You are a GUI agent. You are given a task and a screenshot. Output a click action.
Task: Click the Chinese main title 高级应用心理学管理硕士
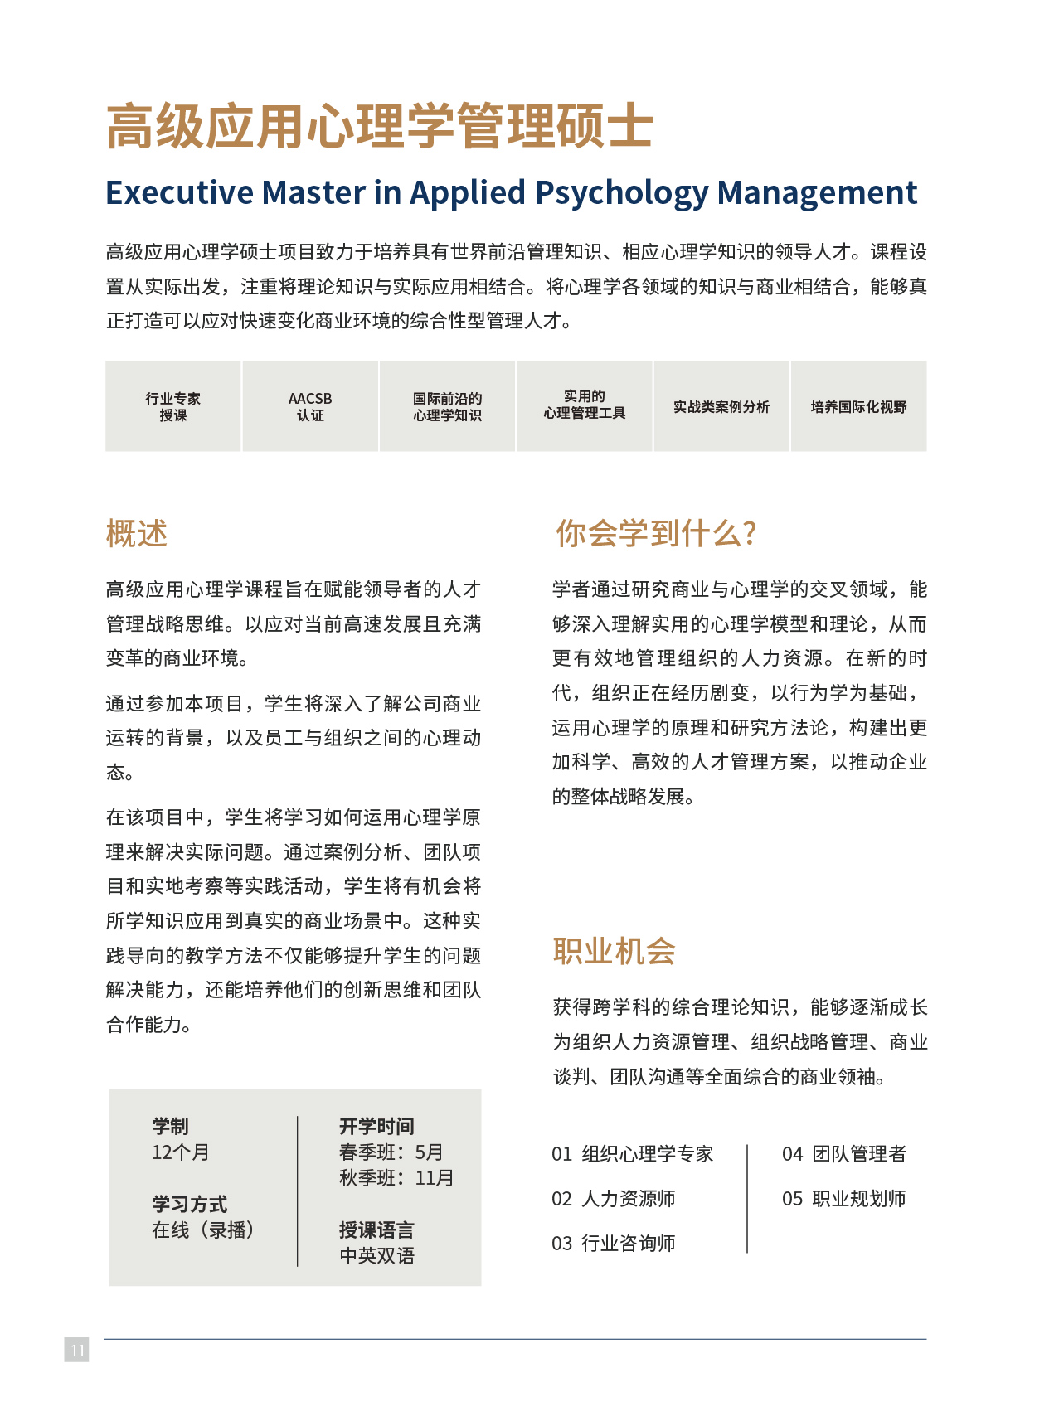(x=380, y=127)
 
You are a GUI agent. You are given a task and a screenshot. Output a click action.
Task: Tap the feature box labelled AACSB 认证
(x=310, y=406)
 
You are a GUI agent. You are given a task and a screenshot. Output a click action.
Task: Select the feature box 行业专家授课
(x=173, y=406)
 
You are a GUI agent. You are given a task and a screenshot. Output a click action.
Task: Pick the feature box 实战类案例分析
(x=721, y=406)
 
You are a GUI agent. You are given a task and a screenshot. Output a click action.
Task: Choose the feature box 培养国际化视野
(x=858, y=406)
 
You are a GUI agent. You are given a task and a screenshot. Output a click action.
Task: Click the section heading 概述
(x=137, y=534)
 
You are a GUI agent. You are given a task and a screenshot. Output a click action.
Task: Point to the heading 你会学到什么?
(x=655, y=534)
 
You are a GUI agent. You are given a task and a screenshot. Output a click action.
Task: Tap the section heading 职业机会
(x=614, y=951)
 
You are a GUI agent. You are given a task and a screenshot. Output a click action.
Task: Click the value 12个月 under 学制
(x=181, y=1152)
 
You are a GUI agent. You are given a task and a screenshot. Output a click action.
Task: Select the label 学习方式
(x=189, y=1204)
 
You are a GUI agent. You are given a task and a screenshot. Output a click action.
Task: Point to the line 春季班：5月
(x=391, y=1152)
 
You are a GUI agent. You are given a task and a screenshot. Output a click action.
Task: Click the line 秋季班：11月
(x=396, y=1178)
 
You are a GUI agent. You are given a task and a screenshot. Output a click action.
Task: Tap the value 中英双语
(x=376, y=1256)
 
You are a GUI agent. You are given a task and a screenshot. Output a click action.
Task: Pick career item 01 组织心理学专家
(x=632, y=1154)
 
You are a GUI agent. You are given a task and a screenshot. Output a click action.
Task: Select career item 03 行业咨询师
(x=614, y=1244)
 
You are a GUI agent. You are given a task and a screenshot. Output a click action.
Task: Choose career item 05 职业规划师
(x=843, y=1199)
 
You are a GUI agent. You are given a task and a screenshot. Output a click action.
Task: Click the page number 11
(x=76, y=1350)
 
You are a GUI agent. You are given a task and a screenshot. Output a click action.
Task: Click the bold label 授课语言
(x=376, y=1230)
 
